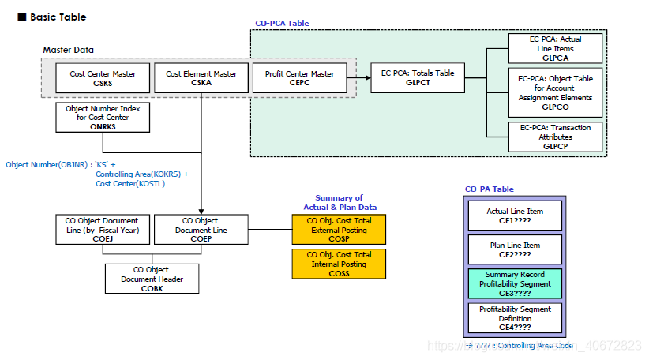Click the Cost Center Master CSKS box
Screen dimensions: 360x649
click(103, 78)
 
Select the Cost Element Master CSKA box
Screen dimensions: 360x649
click(201, 78)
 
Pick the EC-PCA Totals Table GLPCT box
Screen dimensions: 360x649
click(418, 78)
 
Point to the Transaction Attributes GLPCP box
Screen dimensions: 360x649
click(555, 136)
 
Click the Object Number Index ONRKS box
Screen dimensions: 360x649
click(103, 118)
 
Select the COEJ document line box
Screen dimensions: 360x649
click(103, 230)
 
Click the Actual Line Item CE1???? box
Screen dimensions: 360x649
click(514, 215)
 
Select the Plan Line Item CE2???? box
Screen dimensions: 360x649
click(514, 249)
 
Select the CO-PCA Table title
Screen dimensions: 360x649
click(282, 24)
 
